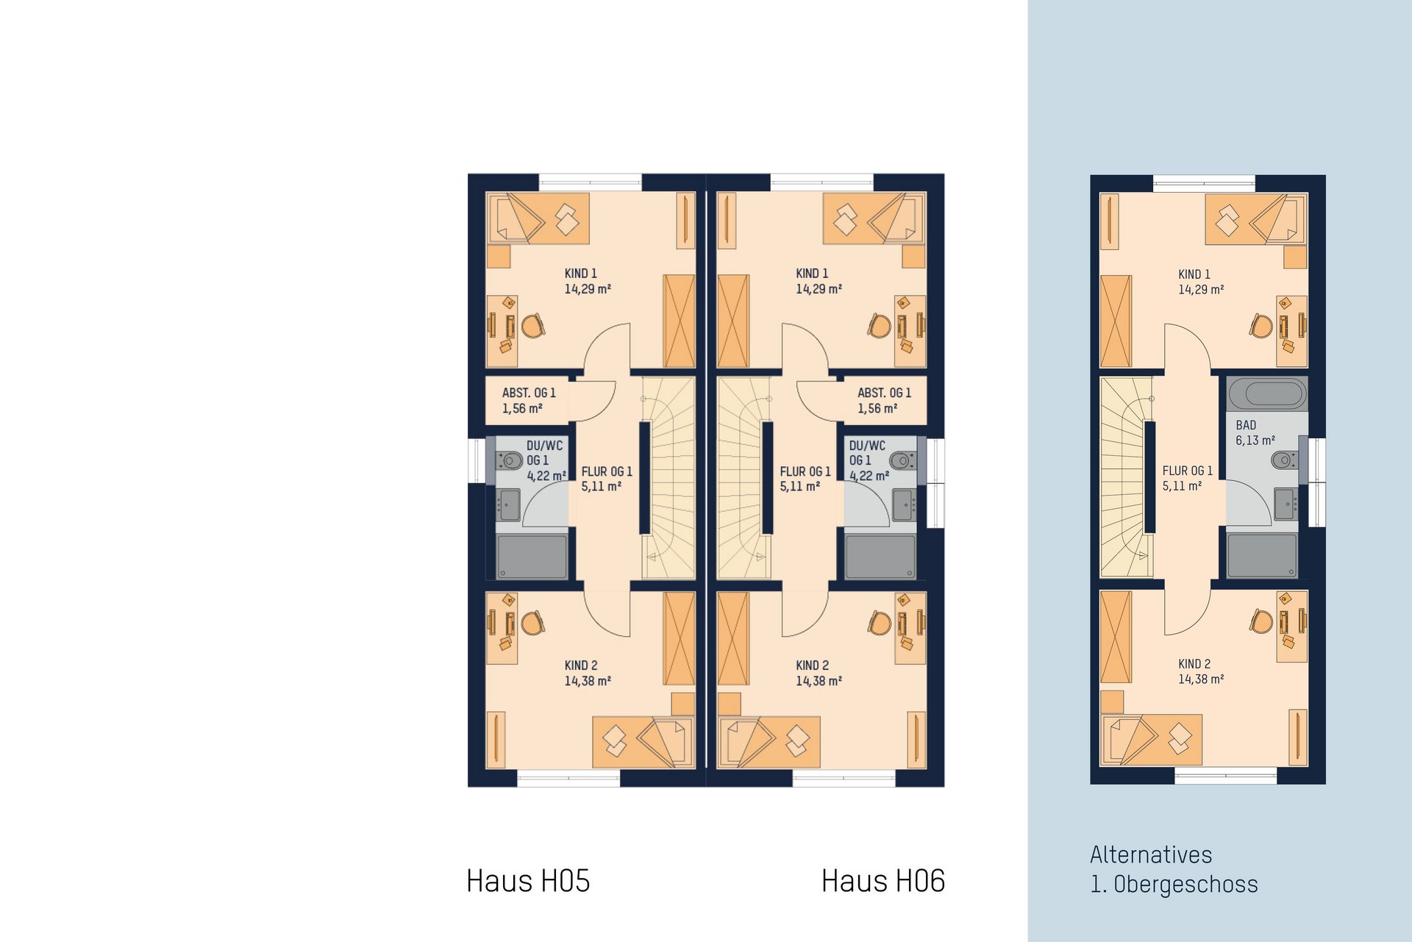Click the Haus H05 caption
[x=528, y=881]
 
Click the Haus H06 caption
[x=883, y=881]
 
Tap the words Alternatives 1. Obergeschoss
[x=1174, y=869]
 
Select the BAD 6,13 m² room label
[x=1255, y=432]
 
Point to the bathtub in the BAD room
[x=1267, y=393]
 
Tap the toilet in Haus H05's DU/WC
[x=510, y=460]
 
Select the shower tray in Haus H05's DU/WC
[x=532, y=557]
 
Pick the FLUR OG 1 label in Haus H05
[x=607, y=479]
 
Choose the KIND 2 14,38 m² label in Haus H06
[x=819, y=673]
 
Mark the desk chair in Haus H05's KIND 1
[x=533, y=325]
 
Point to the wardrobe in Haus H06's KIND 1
[x=733, y=321]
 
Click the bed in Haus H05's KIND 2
[x=643, y=742]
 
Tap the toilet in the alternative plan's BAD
[x=1284, y=460]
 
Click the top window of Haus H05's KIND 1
[x=591, y=182]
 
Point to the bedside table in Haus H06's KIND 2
[x=730, y=704]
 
